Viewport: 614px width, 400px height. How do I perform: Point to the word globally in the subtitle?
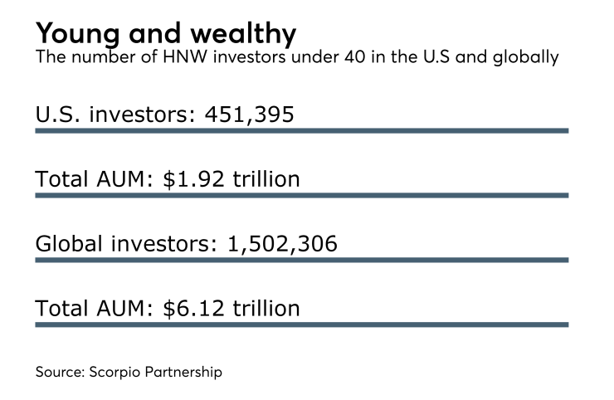click(527, 60)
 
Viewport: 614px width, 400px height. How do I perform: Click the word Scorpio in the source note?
click(114, 372)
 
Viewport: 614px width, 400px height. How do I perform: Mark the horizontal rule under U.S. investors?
click(301, 130)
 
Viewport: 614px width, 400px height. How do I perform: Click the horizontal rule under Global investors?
click(301, 260)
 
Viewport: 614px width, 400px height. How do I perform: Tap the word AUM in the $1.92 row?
click(113, 178)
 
